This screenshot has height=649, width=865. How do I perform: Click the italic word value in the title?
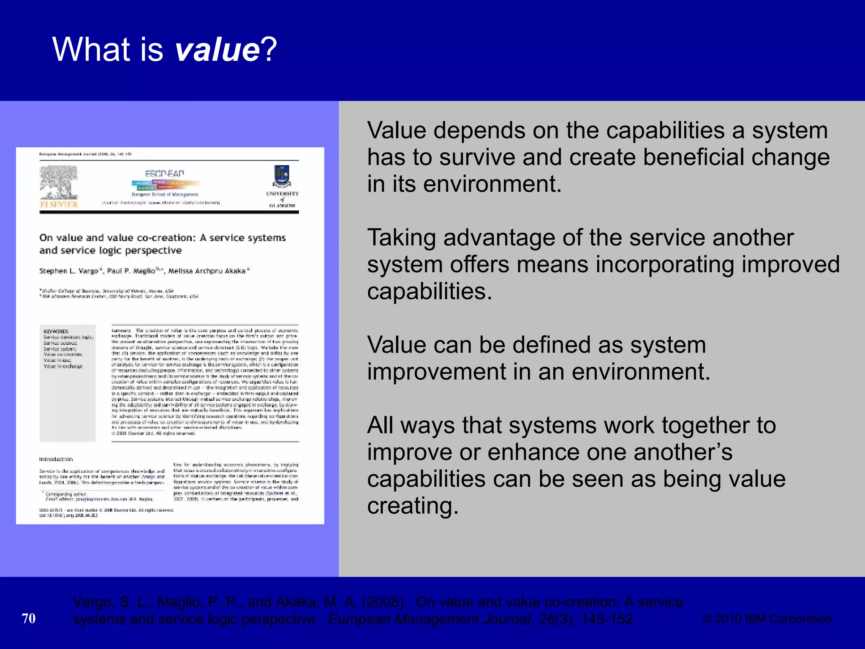pos(217,49)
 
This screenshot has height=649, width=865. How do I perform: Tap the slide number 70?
pos(29,619)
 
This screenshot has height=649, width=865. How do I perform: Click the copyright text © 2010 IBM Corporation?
pos(767,619)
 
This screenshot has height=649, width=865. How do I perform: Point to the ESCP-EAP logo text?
pos(164,174)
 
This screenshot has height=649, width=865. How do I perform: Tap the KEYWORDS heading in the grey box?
pos(56,332)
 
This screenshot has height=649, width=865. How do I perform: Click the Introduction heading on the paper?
pos(56,459)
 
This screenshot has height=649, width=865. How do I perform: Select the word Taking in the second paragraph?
pos(401,238)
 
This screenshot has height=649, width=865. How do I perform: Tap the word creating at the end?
pos(412,506)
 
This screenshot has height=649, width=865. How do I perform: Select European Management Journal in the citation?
pos(429,619)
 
